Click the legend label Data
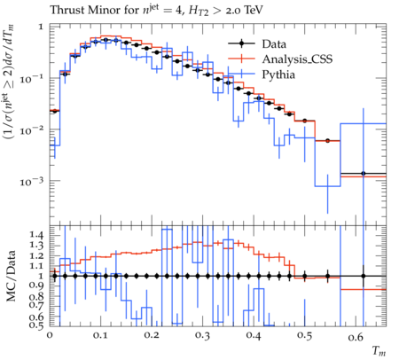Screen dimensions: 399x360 [274, 44]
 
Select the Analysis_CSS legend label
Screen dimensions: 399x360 [297, 59]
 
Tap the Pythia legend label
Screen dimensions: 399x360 [278, 74]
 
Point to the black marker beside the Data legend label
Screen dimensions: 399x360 [242, 43]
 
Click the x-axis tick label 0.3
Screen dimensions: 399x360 [202, 336]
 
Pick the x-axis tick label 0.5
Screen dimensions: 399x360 [305, 336]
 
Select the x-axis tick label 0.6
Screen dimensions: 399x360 [356, 336]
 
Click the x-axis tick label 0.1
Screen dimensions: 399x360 [100, 336]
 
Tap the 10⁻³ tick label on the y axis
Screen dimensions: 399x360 [32, 181]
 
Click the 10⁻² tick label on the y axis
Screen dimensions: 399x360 [32, 129]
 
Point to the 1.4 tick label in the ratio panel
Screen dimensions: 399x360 [36, 236]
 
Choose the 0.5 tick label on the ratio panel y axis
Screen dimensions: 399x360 [36, 325]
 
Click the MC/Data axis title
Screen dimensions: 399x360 [11, 276]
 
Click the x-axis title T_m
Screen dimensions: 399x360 [379, 351]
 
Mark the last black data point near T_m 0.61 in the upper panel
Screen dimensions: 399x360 [364, 174]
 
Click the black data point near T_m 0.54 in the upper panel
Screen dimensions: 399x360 [327, 141]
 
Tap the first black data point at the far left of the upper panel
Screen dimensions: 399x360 [54, 111]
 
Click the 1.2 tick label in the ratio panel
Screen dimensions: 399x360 [36, 255]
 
